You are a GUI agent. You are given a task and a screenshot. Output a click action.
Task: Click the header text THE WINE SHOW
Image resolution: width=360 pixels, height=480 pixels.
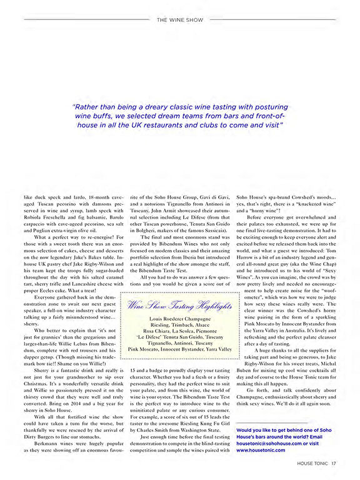[x=179, y=19]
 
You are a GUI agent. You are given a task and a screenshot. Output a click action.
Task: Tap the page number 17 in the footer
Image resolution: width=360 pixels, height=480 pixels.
[x=334, y=463]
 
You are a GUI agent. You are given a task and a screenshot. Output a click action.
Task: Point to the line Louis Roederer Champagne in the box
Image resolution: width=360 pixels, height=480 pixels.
[x=179, y=319]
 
